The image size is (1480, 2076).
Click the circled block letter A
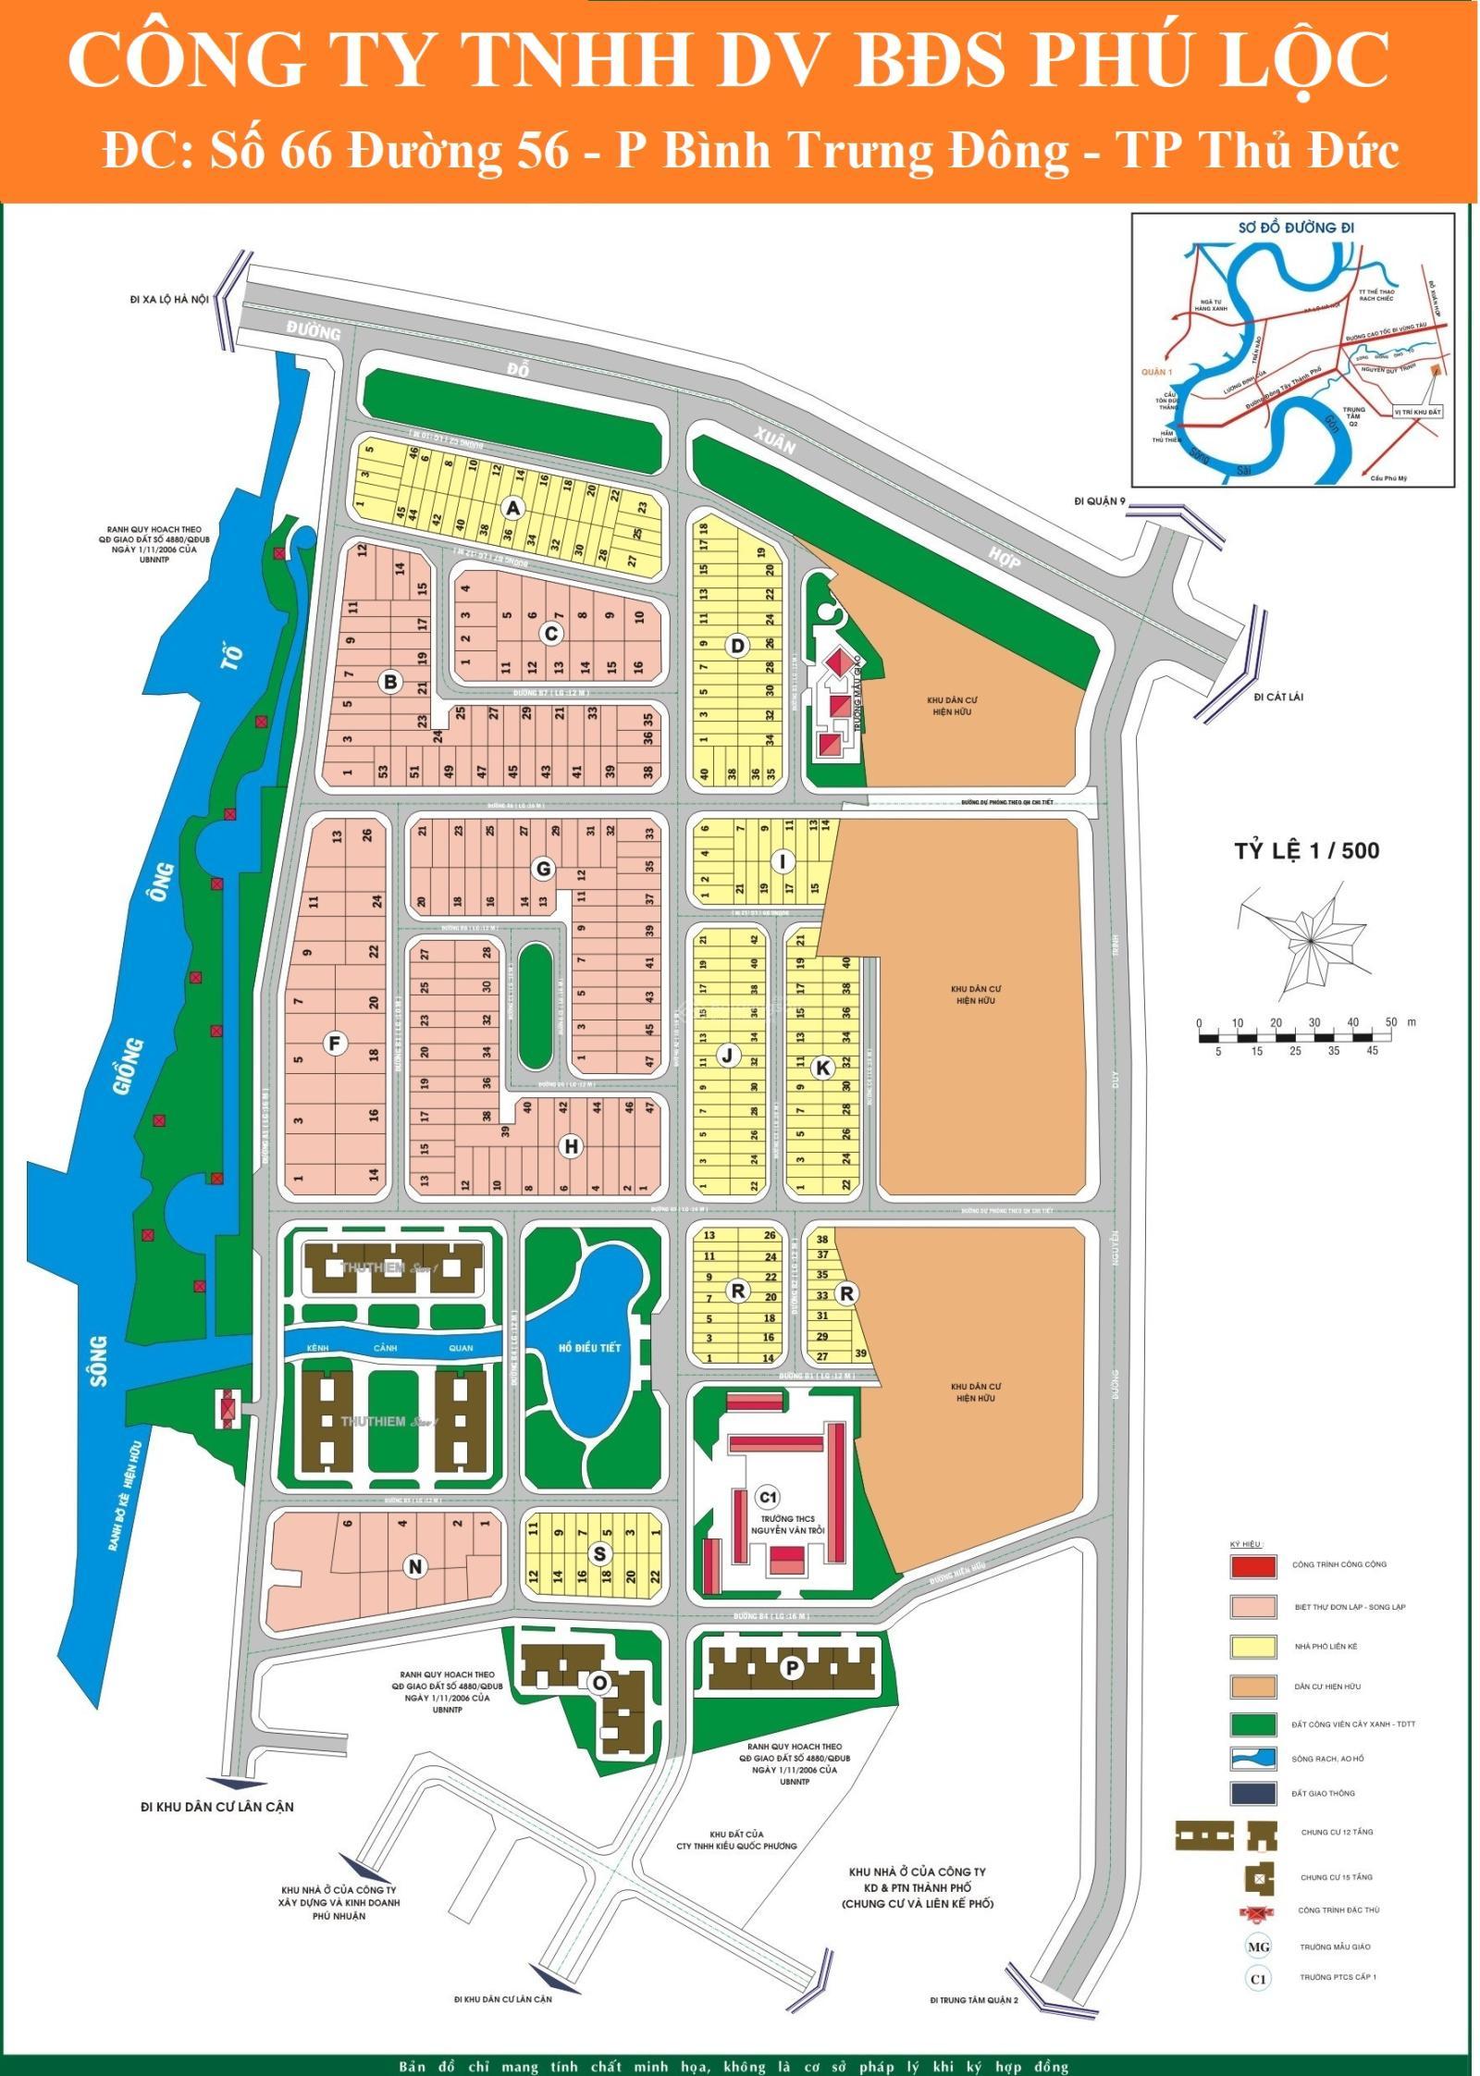pos(513,508)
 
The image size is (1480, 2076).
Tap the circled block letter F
pos(335,1044)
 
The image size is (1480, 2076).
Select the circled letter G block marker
pos(544,869)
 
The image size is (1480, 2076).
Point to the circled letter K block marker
pos(821,1068)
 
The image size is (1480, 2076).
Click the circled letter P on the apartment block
pos(791,1668)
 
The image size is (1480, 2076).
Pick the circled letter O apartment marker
pos(599,1683)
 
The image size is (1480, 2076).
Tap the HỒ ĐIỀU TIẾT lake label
pos(589,1348)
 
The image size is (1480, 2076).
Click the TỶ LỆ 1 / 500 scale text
pos(1306,849)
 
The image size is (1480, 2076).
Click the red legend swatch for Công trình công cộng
pos(1253,1564)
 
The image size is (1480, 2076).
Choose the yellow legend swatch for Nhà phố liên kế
pos(1253,1646)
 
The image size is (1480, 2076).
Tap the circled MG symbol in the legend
pos(1258,1946)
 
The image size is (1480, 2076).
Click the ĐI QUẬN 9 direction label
pos(1100,501)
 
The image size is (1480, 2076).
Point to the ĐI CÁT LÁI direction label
pos(1278,697)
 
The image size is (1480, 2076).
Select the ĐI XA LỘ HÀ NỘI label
pos(170,299)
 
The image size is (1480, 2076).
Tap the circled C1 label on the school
pos(767,1497)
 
